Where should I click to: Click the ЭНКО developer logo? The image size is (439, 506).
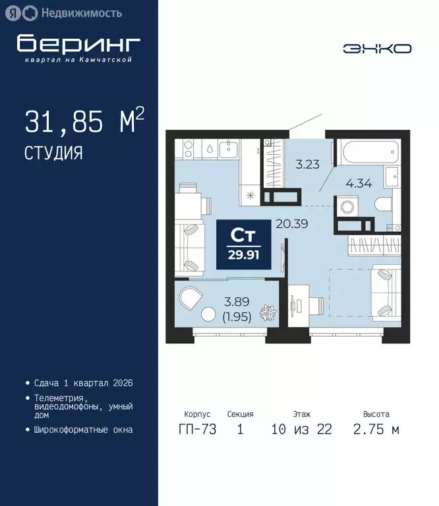(377, 48)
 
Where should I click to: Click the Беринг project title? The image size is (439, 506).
(78, 43)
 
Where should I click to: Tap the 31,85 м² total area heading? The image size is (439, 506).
(84, 122)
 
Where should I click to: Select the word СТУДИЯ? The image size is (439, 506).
(53, 154)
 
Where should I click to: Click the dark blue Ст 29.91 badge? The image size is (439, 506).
(243, 244)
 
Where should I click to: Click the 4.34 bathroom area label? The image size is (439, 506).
(359, 184)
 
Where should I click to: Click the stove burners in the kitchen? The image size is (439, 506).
(185, 150)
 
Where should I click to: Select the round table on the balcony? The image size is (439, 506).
(210, 316)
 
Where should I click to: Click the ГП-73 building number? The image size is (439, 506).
(197, 430)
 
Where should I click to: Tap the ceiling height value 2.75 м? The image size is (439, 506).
(376, 430)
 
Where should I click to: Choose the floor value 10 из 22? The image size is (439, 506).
(302, 430)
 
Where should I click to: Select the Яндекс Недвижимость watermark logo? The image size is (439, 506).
(63, 12)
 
